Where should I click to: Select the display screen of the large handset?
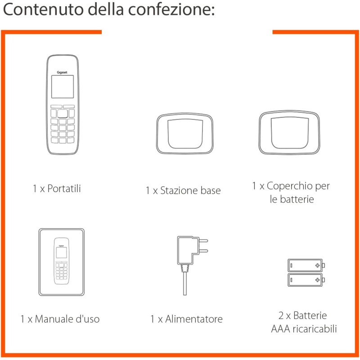(x=62, y=86)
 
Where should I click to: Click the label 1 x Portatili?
(x=57, y=189)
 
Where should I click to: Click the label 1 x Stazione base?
(x=183, y=191)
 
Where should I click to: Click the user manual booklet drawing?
(x=61, y=262)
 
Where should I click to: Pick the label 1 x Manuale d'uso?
(x=60, y=319)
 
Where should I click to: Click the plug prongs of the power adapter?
(x=203, y=246)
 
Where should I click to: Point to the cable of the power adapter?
(x=185, y=283)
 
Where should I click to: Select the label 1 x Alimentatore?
(x=186, y=319)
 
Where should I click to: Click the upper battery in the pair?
(x=306, y=265)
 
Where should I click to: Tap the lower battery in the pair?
(x=306, y=279)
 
